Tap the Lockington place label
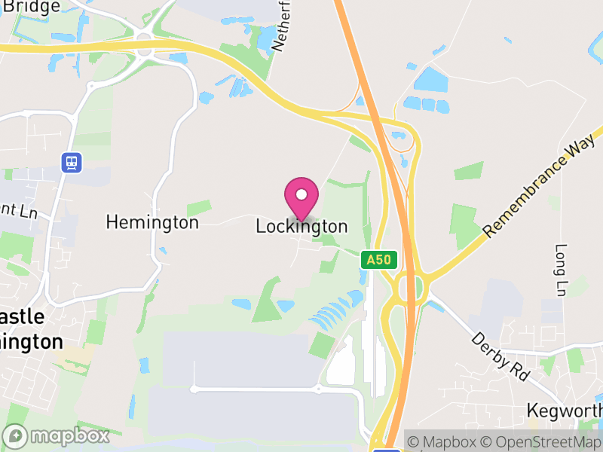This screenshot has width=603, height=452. click(301, 226)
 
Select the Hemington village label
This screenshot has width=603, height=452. click(152, 222)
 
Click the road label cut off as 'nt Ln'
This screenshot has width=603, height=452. click(18, 213)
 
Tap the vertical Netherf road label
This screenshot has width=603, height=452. click(280, 26)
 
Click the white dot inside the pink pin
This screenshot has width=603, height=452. click(301, 194)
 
